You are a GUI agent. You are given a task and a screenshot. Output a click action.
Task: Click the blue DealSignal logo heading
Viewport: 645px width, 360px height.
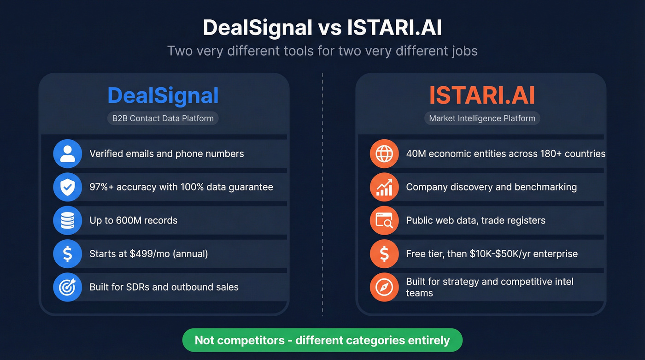tap(163, 95)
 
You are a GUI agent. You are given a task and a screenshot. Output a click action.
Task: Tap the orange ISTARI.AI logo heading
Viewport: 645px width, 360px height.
tap(482, 95)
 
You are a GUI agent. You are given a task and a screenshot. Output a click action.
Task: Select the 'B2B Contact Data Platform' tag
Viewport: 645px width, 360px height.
tap(163, 118)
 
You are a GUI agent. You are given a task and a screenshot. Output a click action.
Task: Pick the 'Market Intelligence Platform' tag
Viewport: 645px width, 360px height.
tap(482, 118)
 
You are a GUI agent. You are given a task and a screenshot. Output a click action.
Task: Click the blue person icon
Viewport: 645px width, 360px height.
tap(67, 153)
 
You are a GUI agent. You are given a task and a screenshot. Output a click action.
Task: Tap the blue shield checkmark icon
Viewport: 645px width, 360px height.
tap(67, 187)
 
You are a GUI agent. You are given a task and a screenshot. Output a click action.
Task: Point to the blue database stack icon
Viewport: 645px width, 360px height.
tap(67, 220)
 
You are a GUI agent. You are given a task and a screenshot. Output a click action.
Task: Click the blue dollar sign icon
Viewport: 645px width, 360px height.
tap(67, 254)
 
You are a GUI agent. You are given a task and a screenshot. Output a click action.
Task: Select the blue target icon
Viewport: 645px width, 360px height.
tap(67, 287)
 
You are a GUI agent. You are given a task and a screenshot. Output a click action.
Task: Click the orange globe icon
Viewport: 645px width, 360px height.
tap(384, 153)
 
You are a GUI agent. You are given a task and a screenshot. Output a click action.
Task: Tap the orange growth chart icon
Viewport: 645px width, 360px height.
tap(384, 187)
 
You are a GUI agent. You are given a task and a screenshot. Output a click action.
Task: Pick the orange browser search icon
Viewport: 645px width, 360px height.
tap(384, 220)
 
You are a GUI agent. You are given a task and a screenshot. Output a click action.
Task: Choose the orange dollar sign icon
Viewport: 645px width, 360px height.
tap(384, 254)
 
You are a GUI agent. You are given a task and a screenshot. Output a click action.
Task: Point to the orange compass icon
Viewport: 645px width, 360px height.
tap(384, 287)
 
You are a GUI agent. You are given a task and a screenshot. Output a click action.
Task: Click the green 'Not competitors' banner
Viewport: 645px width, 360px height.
tap(322, 341)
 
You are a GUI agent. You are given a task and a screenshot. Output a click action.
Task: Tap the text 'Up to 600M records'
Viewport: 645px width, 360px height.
tap(134, 220)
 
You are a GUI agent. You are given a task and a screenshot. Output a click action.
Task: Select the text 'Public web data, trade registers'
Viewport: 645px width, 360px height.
tap(475, 220)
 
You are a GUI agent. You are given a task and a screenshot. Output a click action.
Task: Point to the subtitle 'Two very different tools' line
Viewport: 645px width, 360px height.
tap(322, 50)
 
